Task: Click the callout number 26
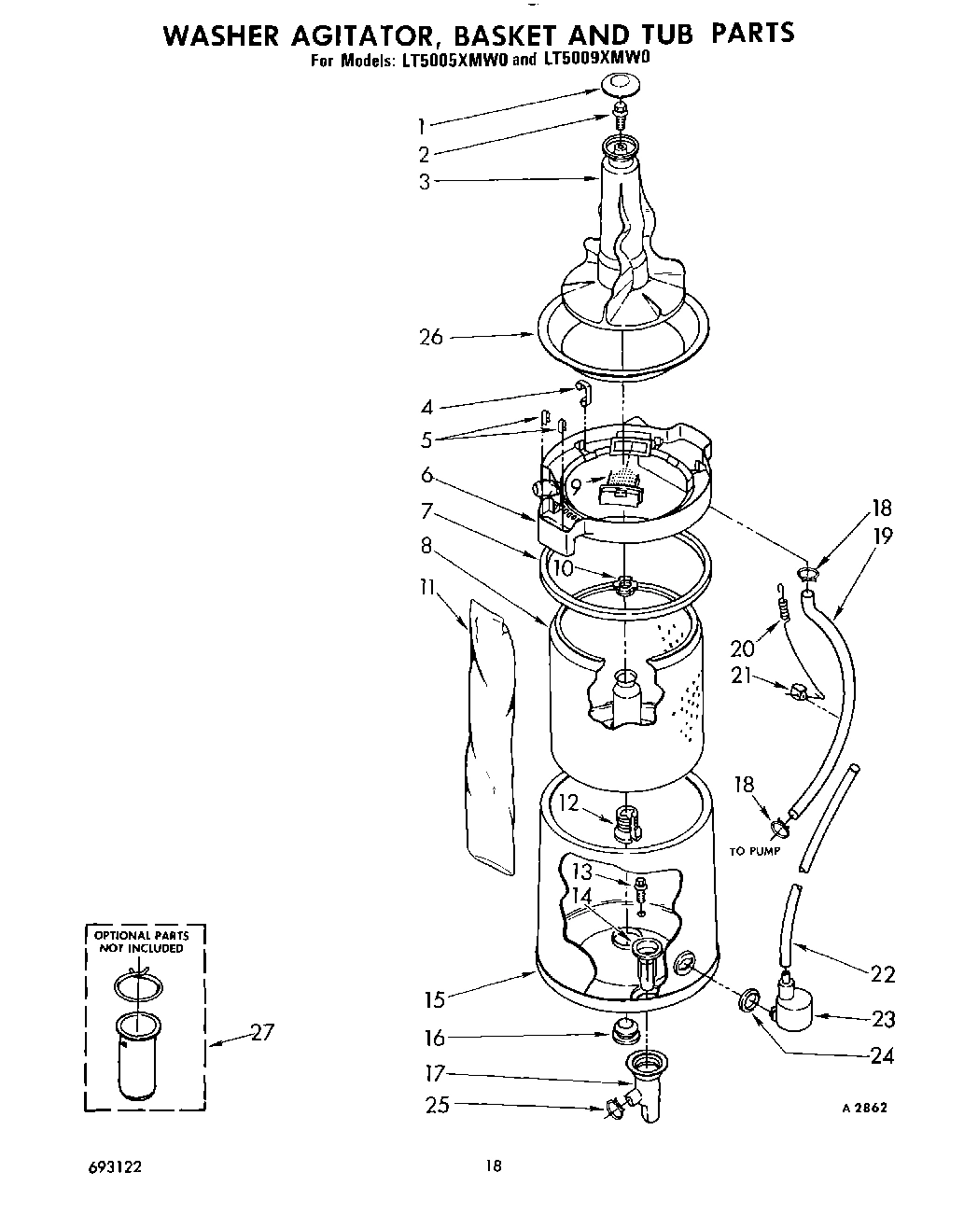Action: click(430, 337)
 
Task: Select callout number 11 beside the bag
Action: click(428, 588)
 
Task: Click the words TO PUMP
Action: click(754, 852)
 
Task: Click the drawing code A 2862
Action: click(863, 1108)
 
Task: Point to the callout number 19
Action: click(882, 536)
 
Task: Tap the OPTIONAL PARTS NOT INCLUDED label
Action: click(140, 942)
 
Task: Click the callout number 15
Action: click(433, 999)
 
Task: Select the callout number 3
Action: click(425, 182)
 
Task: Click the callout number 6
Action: click(426, 475)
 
